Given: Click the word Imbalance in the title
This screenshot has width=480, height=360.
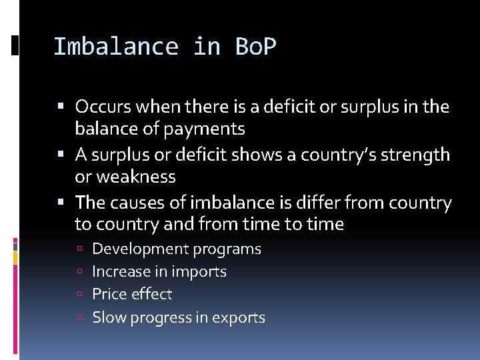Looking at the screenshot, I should pos(115,47).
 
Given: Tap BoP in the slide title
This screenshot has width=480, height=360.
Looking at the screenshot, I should pos(256,47).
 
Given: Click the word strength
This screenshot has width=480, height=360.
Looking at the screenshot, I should pos(415,155).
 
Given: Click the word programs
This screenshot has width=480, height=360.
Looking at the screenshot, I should pos(227,249).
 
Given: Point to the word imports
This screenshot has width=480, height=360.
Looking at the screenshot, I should pos(199,272).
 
